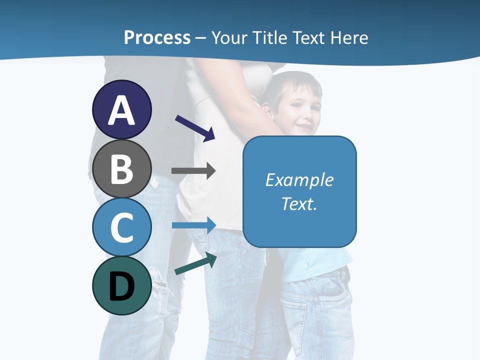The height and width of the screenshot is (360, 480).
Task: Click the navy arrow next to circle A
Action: click(195, 127)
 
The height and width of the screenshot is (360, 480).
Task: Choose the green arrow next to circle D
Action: click(195, 264)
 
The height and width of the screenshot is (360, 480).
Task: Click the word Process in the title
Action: click(157, 37)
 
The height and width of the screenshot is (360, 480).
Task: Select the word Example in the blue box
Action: click(299, 180)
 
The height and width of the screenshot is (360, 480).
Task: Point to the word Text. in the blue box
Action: click(299, 203)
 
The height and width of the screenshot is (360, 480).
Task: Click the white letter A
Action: click(122, 110)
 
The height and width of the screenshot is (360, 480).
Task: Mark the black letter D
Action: click(122, 286)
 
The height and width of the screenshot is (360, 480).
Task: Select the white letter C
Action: click(122, 227)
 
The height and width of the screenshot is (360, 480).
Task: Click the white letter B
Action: click(122, 169)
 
